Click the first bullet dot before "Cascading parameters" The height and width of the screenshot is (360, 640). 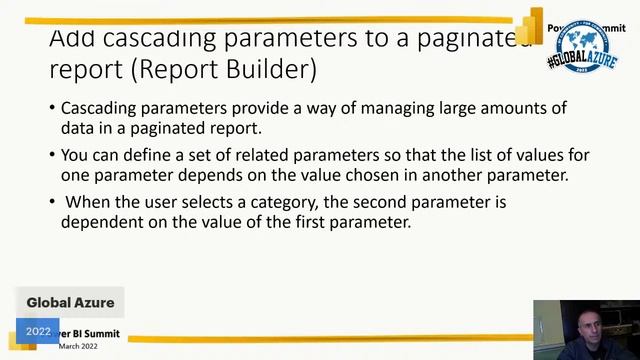(52, 108)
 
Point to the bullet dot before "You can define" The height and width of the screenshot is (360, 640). (52, 155)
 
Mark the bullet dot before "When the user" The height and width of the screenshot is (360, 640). (52, 202)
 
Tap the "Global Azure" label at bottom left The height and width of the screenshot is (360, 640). (70, 302)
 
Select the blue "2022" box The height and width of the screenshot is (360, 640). (38, 331)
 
